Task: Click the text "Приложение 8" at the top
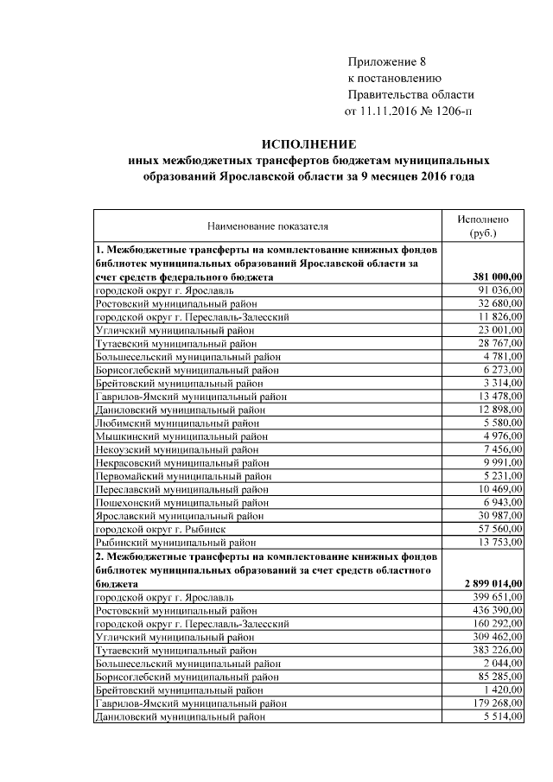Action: pyautogui.click(x=387, y=61)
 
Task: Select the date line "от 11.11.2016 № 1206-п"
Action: pyautogui.click(x=409, y=111)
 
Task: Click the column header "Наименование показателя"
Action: pyautogui.click(x=268, y=227)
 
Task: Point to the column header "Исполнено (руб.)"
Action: pyautogui.click(x=483, y=226)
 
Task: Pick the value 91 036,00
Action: pyautogui.click(x=500, y=290)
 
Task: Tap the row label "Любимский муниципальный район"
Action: pyautogui.click(x=176, y=423)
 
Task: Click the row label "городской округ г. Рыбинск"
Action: pyautogui.click(x=162, y=529)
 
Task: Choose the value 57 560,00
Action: pyautogui.click(x=500, y=529)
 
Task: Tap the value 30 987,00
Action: pyautogui.click(x=500, y=516)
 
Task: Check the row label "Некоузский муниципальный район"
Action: pyautogui.click(x=176, y=449)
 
